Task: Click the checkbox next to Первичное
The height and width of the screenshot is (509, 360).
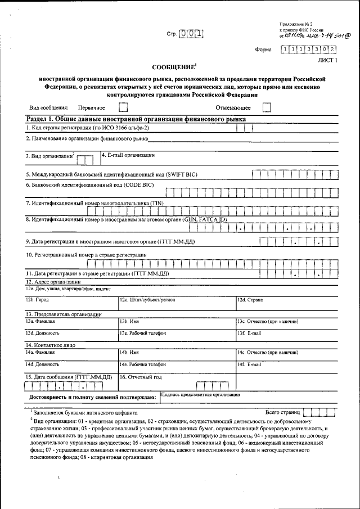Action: click(x=123, y=107)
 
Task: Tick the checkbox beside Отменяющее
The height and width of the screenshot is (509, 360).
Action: click(x=267, y=107)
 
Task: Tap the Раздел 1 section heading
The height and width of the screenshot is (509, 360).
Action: click(x=136, y=119)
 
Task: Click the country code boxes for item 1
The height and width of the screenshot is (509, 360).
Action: click(x=244, y=128)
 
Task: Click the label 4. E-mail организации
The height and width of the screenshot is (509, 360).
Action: click(x=129, y=155)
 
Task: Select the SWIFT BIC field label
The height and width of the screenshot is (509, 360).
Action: click(x=111, y=174)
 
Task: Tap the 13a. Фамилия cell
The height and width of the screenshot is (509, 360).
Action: click(x=40, y=321)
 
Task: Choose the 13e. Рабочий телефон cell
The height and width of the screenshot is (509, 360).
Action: click(x=142, y=333)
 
